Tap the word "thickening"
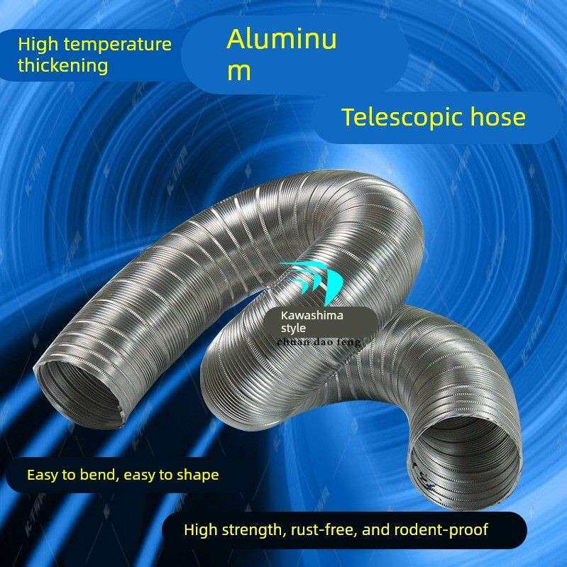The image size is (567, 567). pyautogui.click(x=63, y=66)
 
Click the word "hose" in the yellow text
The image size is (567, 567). pyautogui.click(x=497, y=117)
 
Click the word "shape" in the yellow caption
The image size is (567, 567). pyautogui.click(x=198, y=475)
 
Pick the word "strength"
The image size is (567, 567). pyautogui.click(x=248, y=529)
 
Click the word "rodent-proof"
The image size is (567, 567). pyautogui.click(x=444, y=529)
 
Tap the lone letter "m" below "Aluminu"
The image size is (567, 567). pyautogui.click(x=239, y=72)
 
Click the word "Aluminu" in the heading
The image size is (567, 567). pyautogui.click(x=282, y=40)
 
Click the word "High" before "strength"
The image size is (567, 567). pyautogui.click(x=199, y=529)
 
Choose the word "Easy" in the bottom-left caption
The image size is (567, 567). pyautogui.click(x=41, y=475)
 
